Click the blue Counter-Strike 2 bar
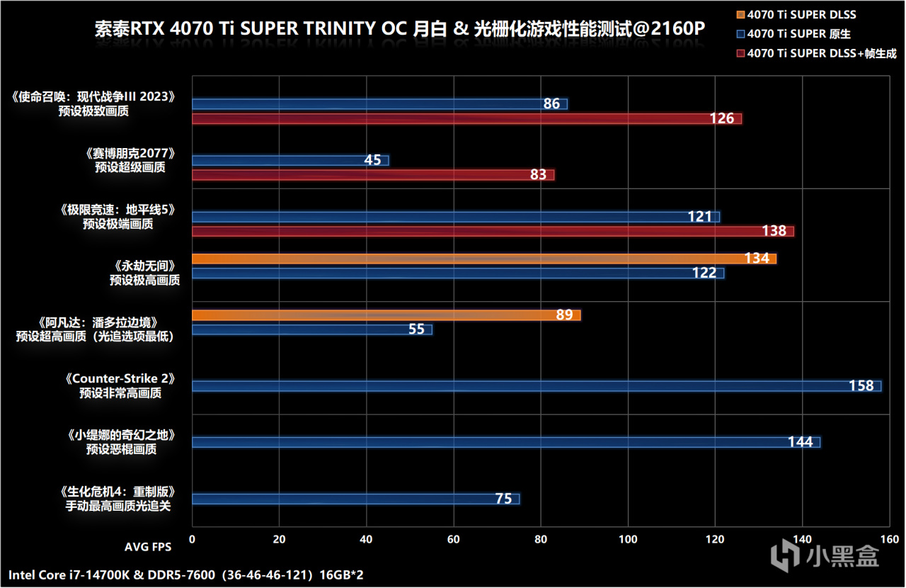(x=536, y=386)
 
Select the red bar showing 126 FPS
(x=466, y=118)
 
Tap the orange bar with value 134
(x=483, y=259)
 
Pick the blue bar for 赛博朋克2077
(x=290, y=160)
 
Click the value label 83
(x=538, y=174)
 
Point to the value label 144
(x=800, y=442)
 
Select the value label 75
(x=503, y=499)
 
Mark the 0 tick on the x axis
(x=192, y=539)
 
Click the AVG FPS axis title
(x=147, y=547)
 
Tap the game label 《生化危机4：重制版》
(x=117, y=492)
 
